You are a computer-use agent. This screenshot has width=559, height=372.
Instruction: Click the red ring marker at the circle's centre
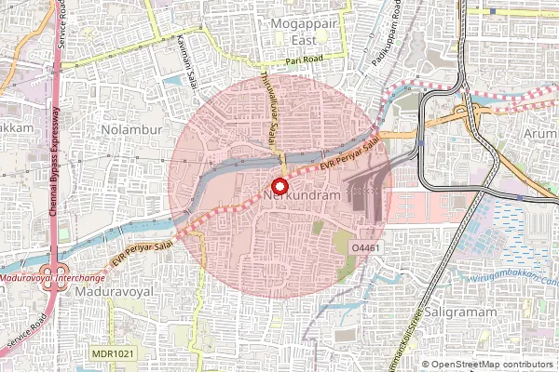click(277, 185)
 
